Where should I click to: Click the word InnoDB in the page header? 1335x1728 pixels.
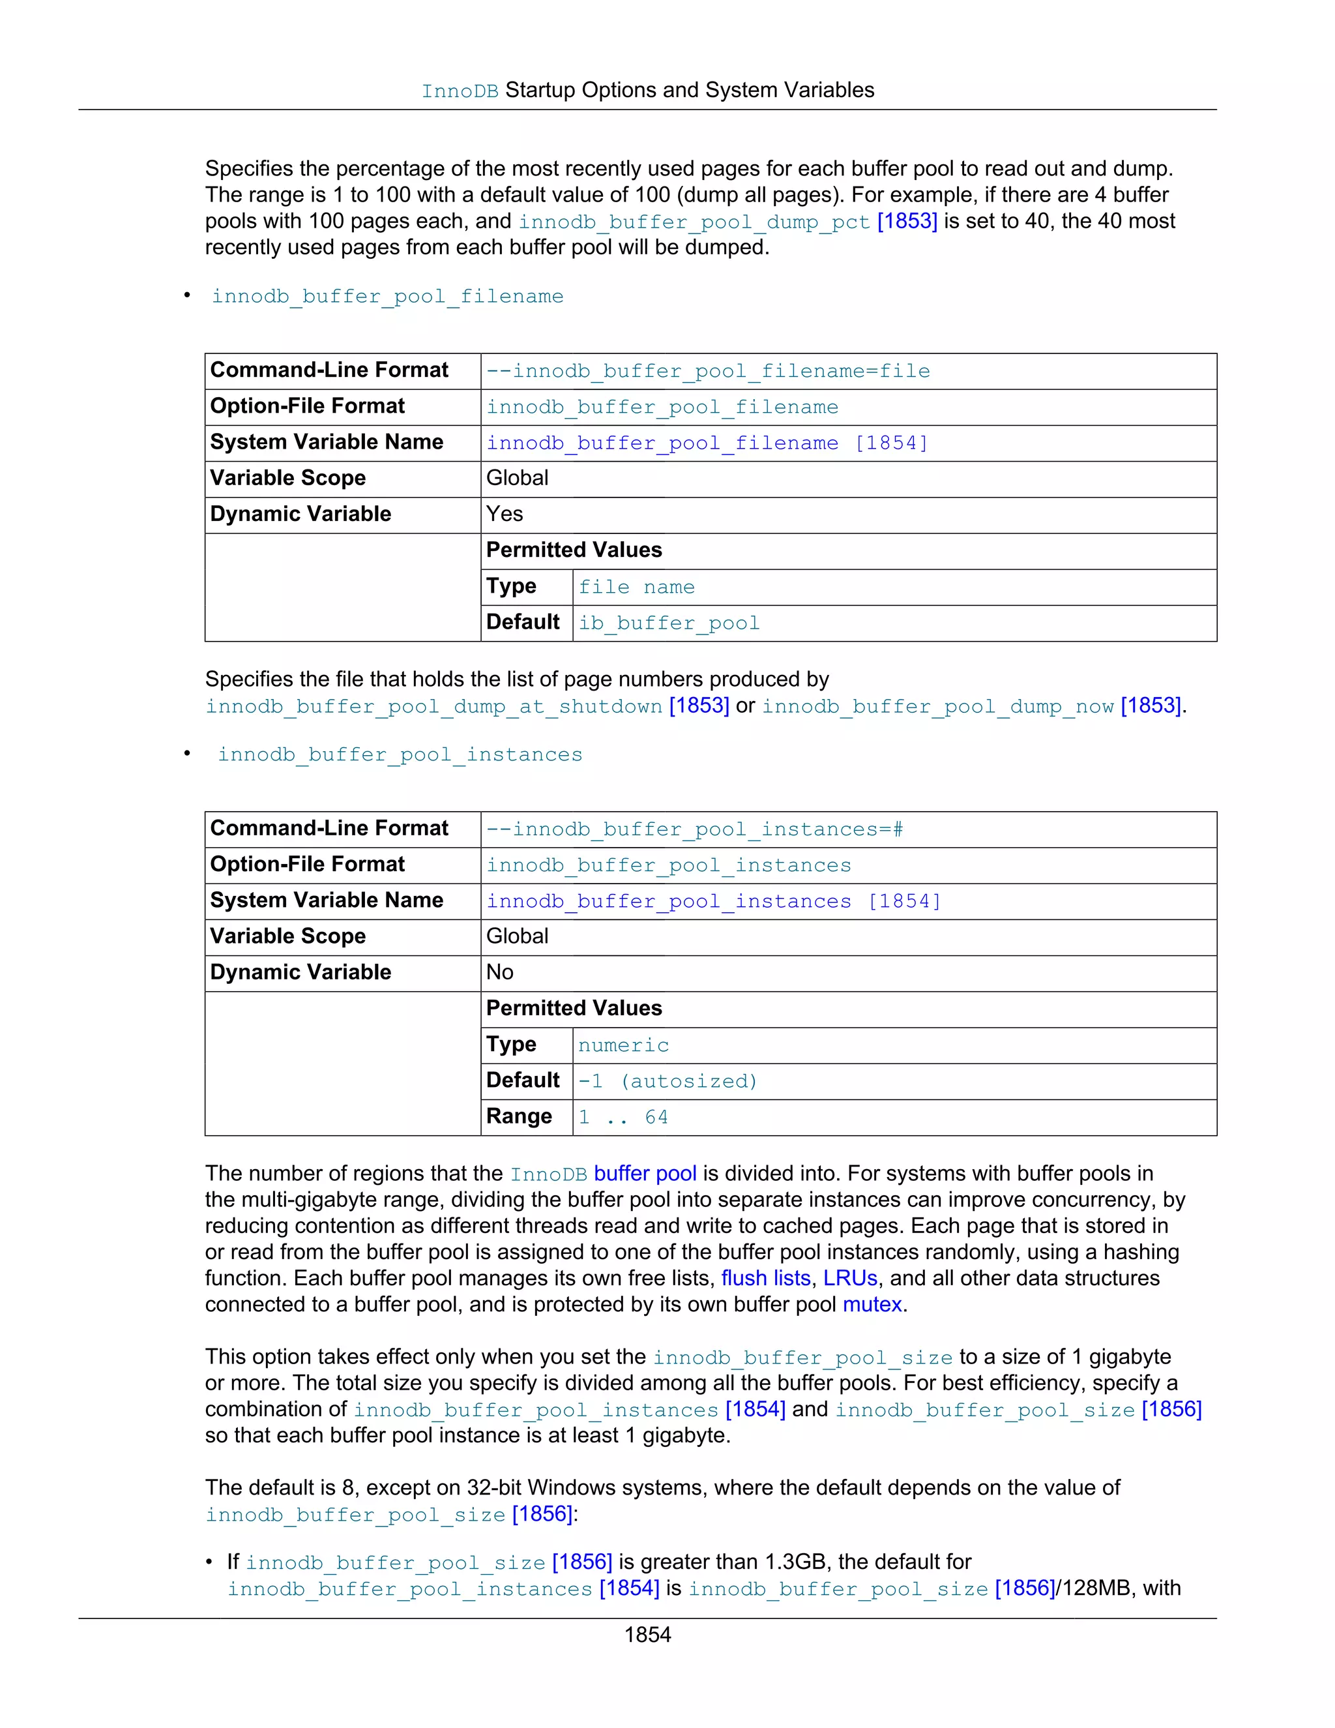460,92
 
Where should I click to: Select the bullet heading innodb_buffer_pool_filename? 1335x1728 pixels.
388,297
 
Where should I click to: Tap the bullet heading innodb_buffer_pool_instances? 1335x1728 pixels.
400,755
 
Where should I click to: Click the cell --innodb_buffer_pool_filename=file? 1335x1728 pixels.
708,371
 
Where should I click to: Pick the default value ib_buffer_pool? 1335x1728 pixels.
669,623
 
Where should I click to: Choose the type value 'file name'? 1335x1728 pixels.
637,587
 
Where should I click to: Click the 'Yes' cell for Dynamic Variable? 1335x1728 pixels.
505,514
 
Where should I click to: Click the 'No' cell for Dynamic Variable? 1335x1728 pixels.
500,972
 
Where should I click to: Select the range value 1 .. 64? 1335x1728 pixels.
623,1117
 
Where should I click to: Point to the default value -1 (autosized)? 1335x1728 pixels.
667,1082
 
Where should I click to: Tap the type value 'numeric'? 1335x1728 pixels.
623,1045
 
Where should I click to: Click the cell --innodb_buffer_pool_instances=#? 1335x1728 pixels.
694,829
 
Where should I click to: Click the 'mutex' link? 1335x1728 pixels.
872,1304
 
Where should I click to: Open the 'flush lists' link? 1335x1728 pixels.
765,1278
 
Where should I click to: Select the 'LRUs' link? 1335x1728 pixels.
850,1278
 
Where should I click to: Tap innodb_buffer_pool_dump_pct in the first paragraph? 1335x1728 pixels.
694,222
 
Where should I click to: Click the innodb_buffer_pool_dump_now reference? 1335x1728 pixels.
938,707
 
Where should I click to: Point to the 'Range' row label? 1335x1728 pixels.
519,1116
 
